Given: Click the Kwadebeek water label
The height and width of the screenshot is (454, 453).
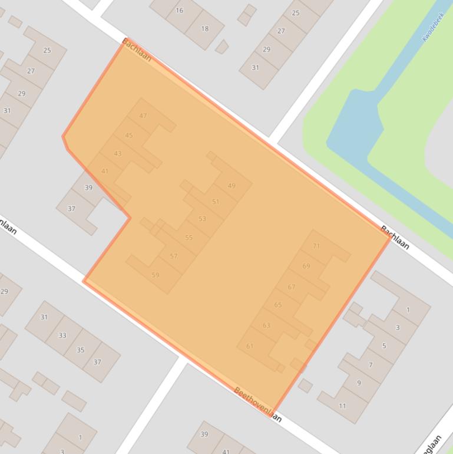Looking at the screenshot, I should pos(432,28).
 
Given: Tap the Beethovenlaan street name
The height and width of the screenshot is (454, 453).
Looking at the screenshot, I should pos(257,404).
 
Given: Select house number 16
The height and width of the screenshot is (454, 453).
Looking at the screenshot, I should pos(180,10).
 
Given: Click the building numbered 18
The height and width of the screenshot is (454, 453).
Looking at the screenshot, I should pos(204,28).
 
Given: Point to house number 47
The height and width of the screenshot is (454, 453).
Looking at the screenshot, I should pos(143,116).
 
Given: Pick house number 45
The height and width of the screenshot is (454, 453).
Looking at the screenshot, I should pos(129,136).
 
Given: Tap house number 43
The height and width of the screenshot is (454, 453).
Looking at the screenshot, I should pos(118,153).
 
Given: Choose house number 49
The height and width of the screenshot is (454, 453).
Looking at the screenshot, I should pos(232,186).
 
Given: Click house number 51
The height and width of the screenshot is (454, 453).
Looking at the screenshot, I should pos(216,202).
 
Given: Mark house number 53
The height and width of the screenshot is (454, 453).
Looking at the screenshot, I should pos(202,219).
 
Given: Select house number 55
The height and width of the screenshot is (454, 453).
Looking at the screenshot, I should pos(189,238).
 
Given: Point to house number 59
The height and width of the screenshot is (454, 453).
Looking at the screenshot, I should pos(156,275).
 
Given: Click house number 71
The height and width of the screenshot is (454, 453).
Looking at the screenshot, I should pos(316,246).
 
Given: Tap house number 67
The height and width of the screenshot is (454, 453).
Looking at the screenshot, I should pos(292,287).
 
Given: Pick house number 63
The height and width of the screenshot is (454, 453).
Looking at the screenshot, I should pos(266,325).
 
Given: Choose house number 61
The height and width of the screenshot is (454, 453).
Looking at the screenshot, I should pos(250,346).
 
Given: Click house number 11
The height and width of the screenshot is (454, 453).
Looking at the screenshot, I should pos(343,406).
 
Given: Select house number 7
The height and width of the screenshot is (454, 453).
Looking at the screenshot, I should pos(371,365).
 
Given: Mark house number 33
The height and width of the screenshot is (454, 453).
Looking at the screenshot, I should pos(62,335).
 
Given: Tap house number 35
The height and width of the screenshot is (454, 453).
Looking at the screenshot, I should pos(80,350).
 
